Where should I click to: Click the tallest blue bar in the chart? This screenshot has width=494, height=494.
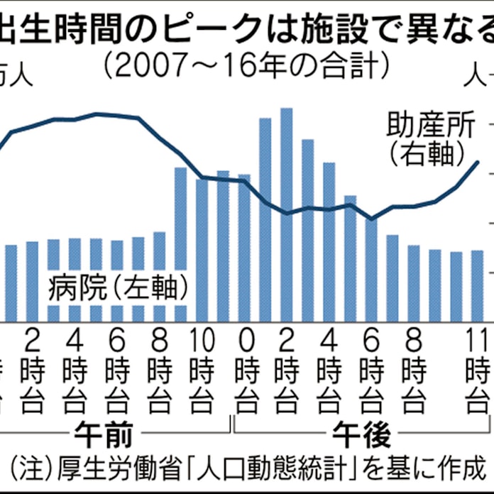[x=286, y=213]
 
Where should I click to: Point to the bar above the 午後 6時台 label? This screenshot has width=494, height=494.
[x=370, y=270]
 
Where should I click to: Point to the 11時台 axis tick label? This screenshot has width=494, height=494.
[x=478, y=370]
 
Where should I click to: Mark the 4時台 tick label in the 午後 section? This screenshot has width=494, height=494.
[x=329, y=370]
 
